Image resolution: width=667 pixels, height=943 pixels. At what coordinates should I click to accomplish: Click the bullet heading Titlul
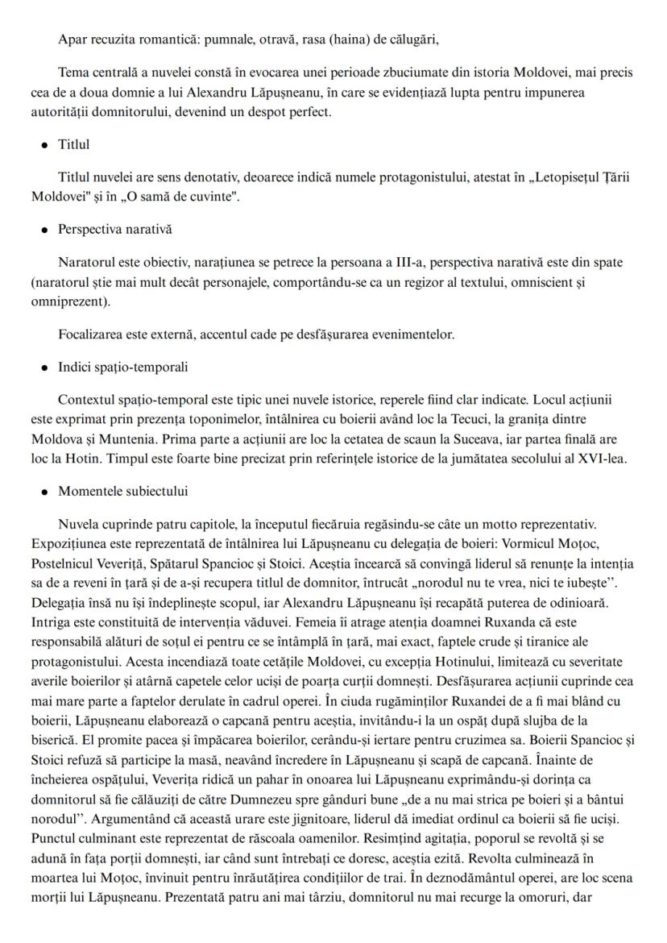[x=73, y=144]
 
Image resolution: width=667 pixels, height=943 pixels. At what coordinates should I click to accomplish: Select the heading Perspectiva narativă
[x=114, y=229]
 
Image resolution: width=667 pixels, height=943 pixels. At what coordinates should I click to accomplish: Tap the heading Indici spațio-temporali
[x=122, y=367]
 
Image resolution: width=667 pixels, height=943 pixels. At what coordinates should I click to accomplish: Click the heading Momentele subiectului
[x=123, y=491]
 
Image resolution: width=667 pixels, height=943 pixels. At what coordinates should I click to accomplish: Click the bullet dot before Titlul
[x=43, y=146]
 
